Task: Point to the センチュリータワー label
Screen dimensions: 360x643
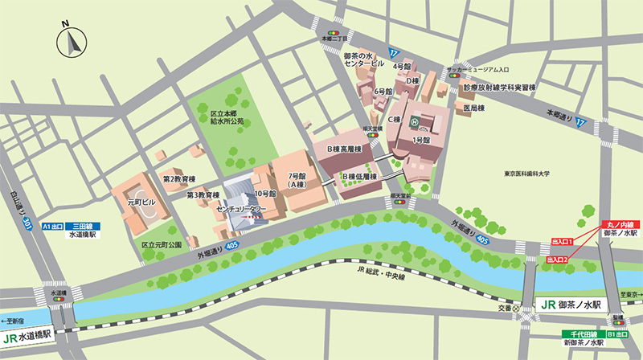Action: click(240, 208)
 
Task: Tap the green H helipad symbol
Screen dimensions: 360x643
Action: click(415, 123)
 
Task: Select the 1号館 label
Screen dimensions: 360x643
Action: click(421, 140)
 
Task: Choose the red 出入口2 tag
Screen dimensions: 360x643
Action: click(558, 260)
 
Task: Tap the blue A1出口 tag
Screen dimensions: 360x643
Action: click(52, 227)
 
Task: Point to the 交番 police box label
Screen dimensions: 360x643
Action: click(504, 304)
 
